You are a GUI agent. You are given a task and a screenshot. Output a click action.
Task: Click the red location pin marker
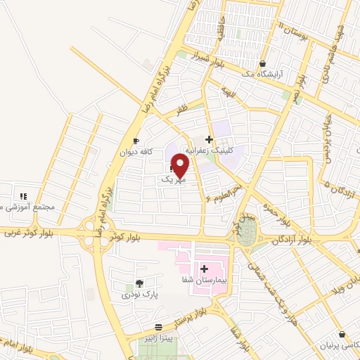point(180,166)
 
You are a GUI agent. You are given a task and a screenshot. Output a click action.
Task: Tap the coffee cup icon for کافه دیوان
point(136,141)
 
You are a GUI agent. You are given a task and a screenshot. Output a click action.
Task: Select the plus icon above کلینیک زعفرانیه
point(209,139)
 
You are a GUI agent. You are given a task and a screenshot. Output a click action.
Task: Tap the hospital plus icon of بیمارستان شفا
point(204,269)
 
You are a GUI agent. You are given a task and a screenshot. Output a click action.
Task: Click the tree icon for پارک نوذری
point(139,283)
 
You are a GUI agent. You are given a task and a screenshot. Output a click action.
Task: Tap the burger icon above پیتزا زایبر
point(160,328)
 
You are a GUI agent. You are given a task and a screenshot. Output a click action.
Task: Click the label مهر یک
point(174,180)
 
